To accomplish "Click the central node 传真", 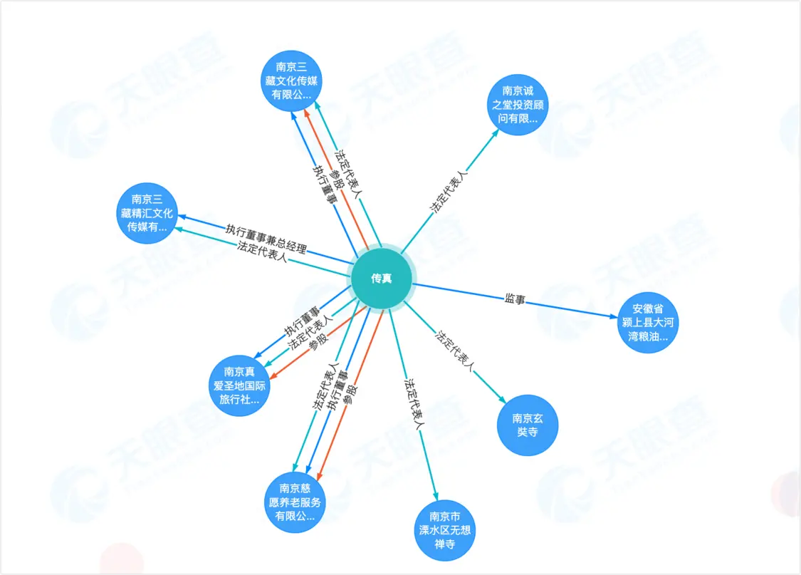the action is coord(381,279).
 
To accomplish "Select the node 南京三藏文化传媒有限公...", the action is coord(291,81).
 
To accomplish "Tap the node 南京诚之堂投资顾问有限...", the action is coord(518,105).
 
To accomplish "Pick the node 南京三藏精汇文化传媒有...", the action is coord(147,213).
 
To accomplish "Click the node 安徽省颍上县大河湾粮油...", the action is coord(648,323).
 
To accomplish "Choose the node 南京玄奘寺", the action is coord(527,425).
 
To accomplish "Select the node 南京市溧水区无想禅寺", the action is coord(444,531).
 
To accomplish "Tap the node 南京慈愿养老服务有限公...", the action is coord(295,502).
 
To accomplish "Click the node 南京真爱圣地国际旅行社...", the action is coord(239,386).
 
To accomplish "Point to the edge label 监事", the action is coord(515,299).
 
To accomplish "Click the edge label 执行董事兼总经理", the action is coord(266,239).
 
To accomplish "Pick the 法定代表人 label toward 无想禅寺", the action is coord(414,404).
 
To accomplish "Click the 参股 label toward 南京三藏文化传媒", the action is coord(336,180).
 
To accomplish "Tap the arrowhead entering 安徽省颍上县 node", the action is coord(614,316).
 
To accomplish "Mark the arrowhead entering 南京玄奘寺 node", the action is coord(503,400).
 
